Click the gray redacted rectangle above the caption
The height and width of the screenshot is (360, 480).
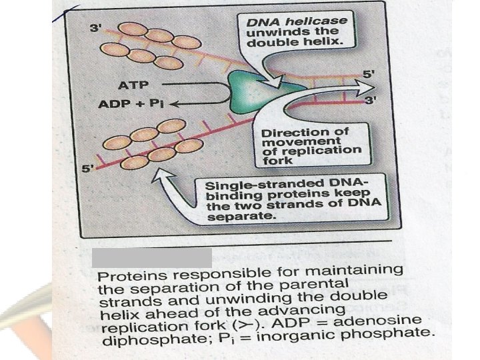click(x=151, y=257)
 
